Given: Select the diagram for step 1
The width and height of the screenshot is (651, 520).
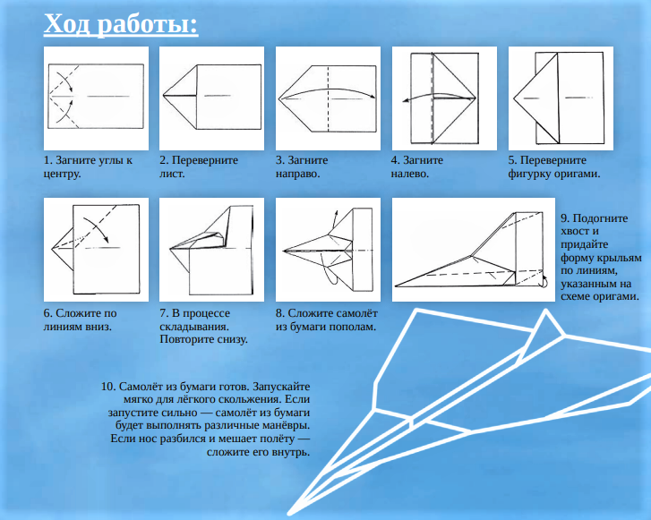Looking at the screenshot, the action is coord(96,98).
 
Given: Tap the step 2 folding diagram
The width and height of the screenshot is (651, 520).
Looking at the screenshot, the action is coord(211,98).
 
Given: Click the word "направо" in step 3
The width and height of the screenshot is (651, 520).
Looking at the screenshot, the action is coord(297,174).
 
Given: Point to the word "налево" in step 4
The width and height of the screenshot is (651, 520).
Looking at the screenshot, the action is coord(409,174).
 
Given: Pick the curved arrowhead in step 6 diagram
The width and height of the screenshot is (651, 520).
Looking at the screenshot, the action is coord(106,240).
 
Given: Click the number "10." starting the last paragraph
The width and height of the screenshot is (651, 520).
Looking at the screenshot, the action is coord(108,387).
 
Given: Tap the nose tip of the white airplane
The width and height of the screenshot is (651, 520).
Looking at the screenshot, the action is coord(289,513).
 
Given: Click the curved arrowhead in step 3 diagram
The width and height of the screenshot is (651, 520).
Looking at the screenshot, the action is coord(373,98).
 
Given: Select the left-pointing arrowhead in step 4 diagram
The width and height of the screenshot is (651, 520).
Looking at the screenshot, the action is coord(406,100).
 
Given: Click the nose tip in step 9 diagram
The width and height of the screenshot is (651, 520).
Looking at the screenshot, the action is coord(396,286).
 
